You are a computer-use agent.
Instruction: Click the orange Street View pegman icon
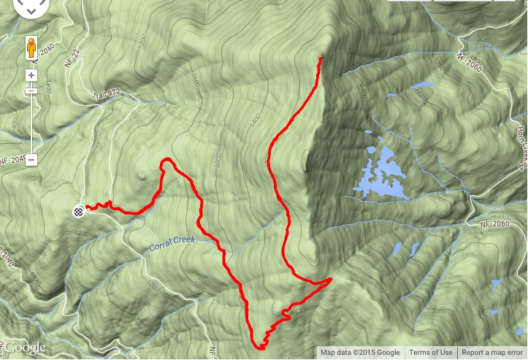tap(32, 47)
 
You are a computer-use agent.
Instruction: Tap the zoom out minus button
tap(32, 161)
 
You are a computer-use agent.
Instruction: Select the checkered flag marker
tap(78, 211)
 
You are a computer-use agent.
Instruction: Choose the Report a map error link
tap(492, 353)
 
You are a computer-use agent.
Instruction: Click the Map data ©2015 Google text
tap(360, 353)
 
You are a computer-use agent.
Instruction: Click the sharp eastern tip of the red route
tap(331, 279)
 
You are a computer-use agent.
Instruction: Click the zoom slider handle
tap(32, 91)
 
